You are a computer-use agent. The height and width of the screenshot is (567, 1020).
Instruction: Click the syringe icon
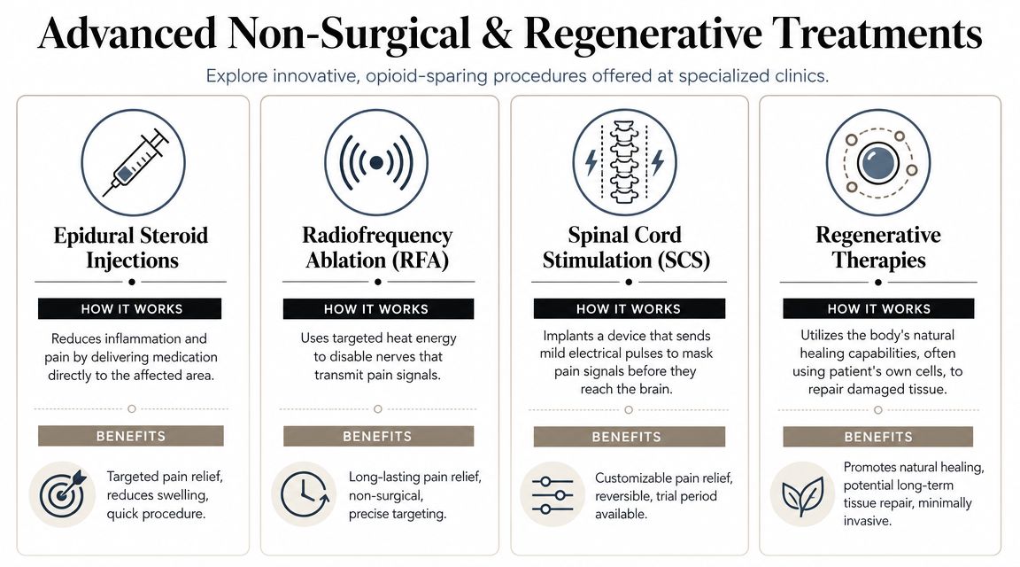[134, 163]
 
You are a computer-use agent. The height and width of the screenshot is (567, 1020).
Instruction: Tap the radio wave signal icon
[376, 163]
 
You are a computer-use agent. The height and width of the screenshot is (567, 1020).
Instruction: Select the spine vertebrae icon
[624, 163]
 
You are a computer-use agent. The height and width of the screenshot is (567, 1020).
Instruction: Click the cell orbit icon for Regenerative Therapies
[878, 163]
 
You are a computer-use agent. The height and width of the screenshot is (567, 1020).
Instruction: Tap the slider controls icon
[552, 494]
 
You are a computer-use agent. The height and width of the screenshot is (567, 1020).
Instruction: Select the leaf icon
[803, 494]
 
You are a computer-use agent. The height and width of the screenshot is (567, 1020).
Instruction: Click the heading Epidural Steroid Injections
[131, 247]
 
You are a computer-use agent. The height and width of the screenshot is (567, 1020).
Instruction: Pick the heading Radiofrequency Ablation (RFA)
[377, 247]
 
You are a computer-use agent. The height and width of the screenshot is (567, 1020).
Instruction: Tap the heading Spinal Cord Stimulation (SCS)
[626, 247]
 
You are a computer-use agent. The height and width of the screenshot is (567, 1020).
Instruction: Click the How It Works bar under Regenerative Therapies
[878, 308]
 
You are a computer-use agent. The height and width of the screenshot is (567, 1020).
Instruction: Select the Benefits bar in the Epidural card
[131, 436]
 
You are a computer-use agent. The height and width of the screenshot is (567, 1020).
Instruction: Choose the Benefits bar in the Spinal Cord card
[629, 436]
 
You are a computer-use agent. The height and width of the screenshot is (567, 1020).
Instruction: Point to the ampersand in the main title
[497, 33]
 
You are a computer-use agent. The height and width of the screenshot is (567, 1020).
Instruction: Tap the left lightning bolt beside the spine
[591, 163]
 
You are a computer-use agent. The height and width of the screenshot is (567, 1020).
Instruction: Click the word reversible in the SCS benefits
[624, 496]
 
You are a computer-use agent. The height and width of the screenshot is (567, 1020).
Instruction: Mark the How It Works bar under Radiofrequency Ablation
[378, 308]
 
